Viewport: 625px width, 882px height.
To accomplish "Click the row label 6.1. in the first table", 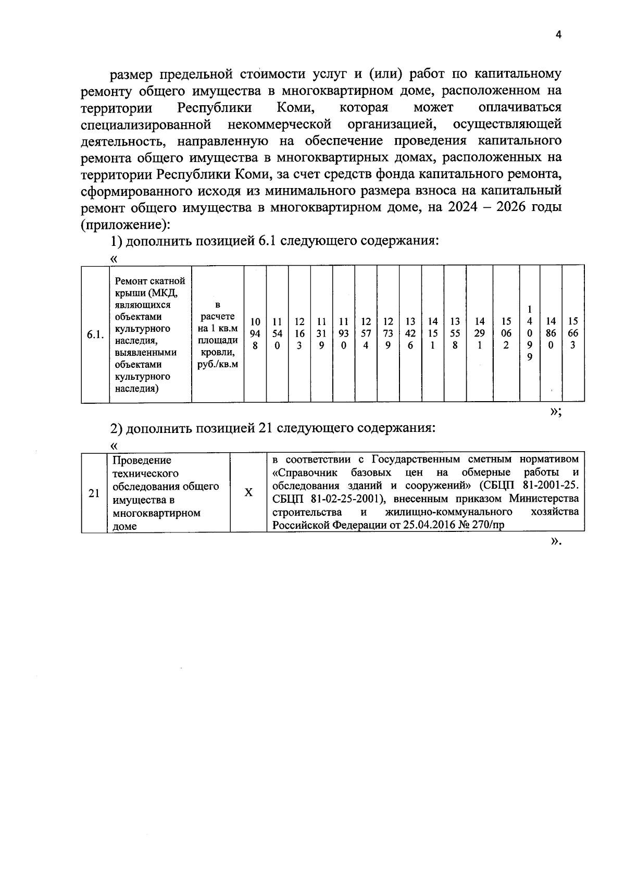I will tap(95, 334).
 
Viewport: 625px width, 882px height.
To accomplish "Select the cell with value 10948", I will tap(255, 333).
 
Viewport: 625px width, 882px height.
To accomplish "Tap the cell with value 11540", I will tap(278, 333).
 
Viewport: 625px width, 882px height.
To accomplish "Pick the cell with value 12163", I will tap(299, 333).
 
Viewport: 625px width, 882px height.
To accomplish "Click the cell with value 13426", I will tap(410, 333).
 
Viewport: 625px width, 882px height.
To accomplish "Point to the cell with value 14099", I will tap(529, 333).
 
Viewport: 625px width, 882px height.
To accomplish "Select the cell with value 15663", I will tap(573, 333).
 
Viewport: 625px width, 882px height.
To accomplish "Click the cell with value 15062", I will tap(506, 333).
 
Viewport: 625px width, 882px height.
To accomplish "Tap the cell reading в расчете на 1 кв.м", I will tap(218, 334).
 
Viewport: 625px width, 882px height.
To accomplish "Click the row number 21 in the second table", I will tap(94, 493).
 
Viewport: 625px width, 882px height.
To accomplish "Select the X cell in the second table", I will tap(249, 492).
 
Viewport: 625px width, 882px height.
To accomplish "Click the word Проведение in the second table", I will tap(142, 461).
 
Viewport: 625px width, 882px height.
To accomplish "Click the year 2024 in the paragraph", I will tap(458, 207).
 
